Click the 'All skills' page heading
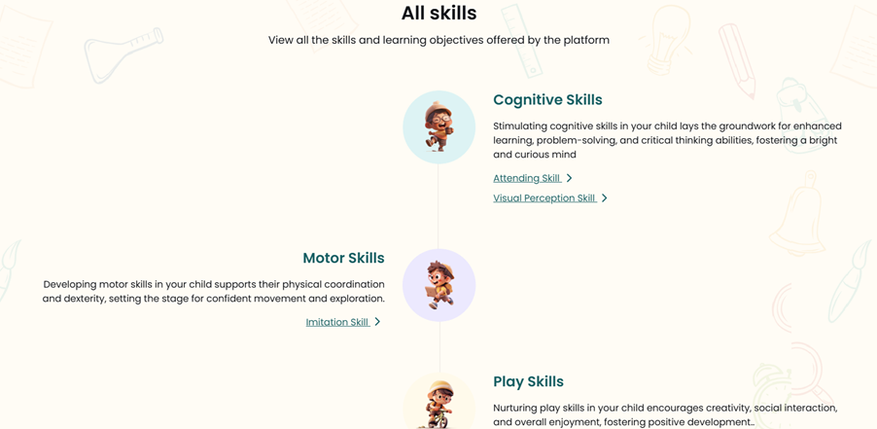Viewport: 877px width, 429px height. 439,13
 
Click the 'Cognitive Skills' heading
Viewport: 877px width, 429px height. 547,100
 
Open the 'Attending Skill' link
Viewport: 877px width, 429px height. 526,178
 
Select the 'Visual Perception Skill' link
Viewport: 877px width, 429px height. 544,198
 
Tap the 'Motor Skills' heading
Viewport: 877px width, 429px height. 343,258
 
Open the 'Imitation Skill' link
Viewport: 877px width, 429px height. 337,322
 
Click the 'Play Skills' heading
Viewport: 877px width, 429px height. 529,382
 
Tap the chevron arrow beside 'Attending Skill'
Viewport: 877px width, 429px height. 570,178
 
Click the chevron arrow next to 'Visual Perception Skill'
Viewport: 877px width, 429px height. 604,198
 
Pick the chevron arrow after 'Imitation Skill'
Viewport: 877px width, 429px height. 377,322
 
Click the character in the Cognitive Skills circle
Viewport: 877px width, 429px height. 439,127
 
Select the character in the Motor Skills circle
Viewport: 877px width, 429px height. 440,285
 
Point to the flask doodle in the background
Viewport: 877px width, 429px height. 123,54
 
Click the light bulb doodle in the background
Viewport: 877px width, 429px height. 664,39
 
